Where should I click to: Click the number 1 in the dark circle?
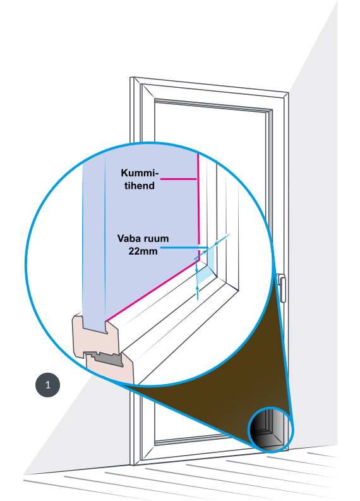[x=47, y=385]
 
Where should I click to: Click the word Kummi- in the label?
[x=140, y=173]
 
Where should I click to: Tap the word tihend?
[x=140, y=186]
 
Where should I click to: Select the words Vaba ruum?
[x=143, y=238]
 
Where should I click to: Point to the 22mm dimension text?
[x=143, y=251]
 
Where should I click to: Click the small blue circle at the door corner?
[x=271, y=430]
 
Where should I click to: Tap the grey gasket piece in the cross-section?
[x=105, y=358]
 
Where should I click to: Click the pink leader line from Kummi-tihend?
[x=178, y=179]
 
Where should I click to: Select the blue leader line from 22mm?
[x=184, y=248]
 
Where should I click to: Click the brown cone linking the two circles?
[x=220, y=368]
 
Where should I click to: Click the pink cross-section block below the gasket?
[x=110, y=371]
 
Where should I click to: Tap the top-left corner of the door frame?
[x=130, y=77]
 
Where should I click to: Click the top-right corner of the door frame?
[x=289, y=93]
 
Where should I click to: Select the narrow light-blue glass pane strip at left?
[x=93, y=239]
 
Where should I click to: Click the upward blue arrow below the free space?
[x=198, y=293]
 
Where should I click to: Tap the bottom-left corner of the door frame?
[x=134, y=465]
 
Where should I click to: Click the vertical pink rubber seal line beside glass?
[x=198, y=205]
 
